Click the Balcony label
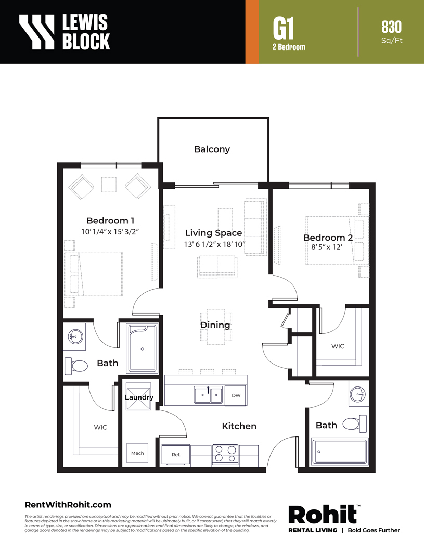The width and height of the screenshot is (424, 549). pyautogui.click(x=212, y=149)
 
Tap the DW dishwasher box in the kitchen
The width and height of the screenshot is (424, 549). pyautogui.click(x=236, y=396)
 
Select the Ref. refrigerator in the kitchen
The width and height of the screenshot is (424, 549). pyautogui.click(x=176, y=455)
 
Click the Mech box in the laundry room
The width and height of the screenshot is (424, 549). pyautogui.click(x=137, y=453)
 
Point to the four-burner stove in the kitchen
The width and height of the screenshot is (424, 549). pyautogui.click(x=225, y=455)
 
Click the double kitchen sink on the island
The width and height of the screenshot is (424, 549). pyautogui.click(x=209, y=395)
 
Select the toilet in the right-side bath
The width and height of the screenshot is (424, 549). pyautogui.click(x=355, y=423)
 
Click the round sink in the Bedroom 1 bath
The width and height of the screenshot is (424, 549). pyautogui.click(x=75, y=337)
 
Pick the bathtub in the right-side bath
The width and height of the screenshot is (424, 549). pyautogui.click(x=340, y=452)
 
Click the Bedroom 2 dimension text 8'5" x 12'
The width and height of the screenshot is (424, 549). pyautogui.click(x=327, y=247)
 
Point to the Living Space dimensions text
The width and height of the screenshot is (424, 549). pyautogui.click(x=214, y=244)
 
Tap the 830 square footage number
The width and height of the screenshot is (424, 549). pyautogui.click(x=391, y=27)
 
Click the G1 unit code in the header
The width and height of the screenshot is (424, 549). pyautogui.click(x=284, y=29)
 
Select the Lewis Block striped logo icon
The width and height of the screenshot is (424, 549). pyautogui.click(x=37, y=31)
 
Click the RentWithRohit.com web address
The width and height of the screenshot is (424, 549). pyautogui.click(x=68, y=505)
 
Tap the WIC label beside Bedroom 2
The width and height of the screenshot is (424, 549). pyautogui.click(x=338, y=346)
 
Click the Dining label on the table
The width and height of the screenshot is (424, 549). pyautogui.click(x=215, y=325)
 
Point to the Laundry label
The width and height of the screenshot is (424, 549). pyautogui.click(x=139, y=397)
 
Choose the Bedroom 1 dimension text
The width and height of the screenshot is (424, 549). pyautogui.click(x=110, y=231)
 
